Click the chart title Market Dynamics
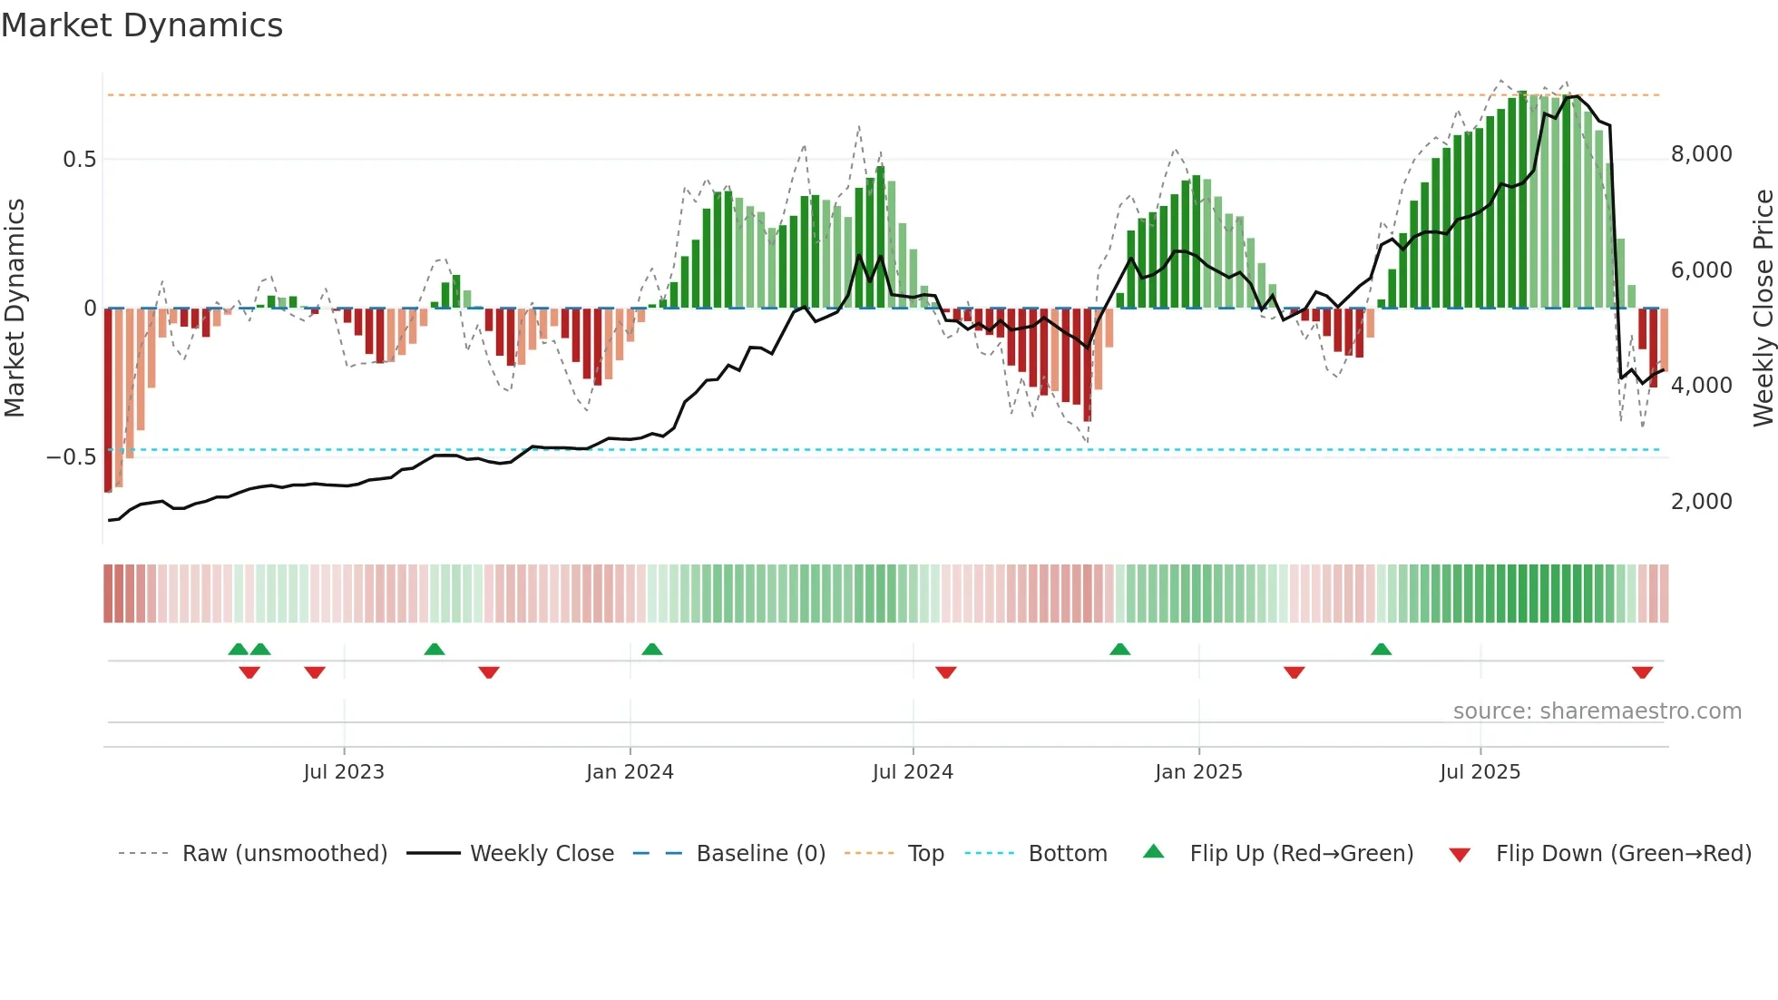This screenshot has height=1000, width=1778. click(142, 25)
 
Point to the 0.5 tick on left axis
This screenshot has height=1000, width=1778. click(79, 160)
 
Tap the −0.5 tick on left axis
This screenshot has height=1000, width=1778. click(71, 457)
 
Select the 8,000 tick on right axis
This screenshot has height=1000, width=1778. click(1701, 154)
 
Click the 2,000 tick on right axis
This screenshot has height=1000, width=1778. click(1701, 502)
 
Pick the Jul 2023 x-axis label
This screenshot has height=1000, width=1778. click(344, 772)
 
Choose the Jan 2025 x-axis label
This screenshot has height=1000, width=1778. click(1198, 772)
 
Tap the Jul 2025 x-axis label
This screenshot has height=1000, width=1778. click(1480, 772)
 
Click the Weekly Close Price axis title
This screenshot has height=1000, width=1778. click(1763, 309)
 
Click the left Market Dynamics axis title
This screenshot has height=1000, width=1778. click(15, 309)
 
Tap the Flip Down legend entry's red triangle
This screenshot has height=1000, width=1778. click(1460, 855)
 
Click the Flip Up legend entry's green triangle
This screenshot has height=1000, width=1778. click(1153, 852)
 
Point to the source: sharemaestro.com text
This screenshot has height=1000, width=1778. click(1597, 711)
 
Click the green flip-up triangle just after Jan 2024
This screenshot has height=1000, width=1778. click(651, 650)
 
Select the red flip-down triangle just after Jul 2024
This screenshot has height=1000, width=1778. click(945, 672)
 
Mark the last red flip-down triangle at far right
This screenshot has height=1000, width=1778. click(1642, 672)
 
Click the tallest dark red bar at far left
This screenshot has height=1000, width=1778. click(108, 399)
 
